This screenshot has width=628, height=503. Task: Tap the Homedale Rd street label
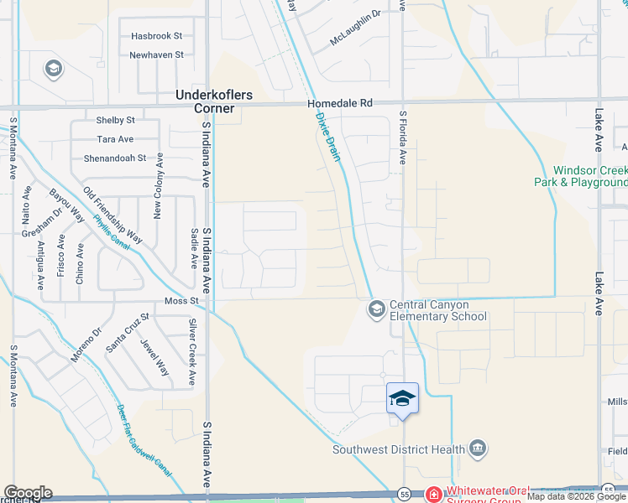(339, 103)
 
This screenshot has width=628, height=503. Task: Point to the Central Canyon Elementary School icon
(377, 309)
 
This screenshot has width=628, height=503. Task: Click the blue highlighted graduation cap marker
(403, 397)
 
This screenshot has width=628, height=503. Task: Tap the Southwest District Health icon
(478, 449)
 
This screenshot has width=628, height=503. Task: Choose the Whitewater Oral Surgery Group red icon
(433, 493)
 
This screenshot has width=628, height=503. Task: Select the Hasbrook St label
(156, 36)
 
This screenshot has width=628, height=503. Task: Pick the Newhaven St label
(156, 54)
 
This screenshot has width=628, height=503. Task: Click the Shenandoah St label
(115, 158)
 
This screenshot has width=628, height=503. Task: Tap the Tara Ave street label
(115, 139)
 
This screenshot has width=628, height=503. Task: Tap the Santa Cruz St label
(128, 332)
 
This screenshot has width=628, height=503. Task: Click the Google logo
(28, 493)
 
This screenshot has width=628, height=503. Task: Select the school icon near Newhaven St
(53, 68)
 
